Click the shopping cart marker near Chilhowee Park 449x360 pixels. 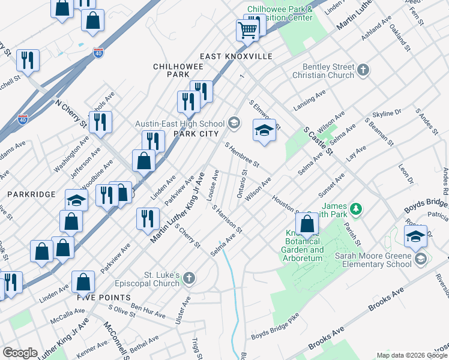pos(247,29)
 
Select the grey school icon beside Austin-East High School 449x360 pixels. pos(234,124)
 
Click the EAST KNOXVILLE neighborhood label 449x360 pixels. pos(237,56)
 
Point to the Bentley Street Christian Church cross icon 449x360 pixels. pos(363,71)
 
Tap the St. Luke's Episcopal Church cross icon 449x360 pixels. pos(189,277)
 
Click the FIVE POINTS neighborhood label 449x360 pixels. pos(103,298)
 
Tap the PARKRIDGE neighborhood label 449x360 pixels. pos(31,194)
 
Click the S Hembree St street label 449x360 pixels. pos(242,155)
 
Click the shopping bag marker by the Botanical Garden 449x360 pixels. pos(307,224)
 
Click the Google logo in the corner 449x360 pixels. pos(20,353)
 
